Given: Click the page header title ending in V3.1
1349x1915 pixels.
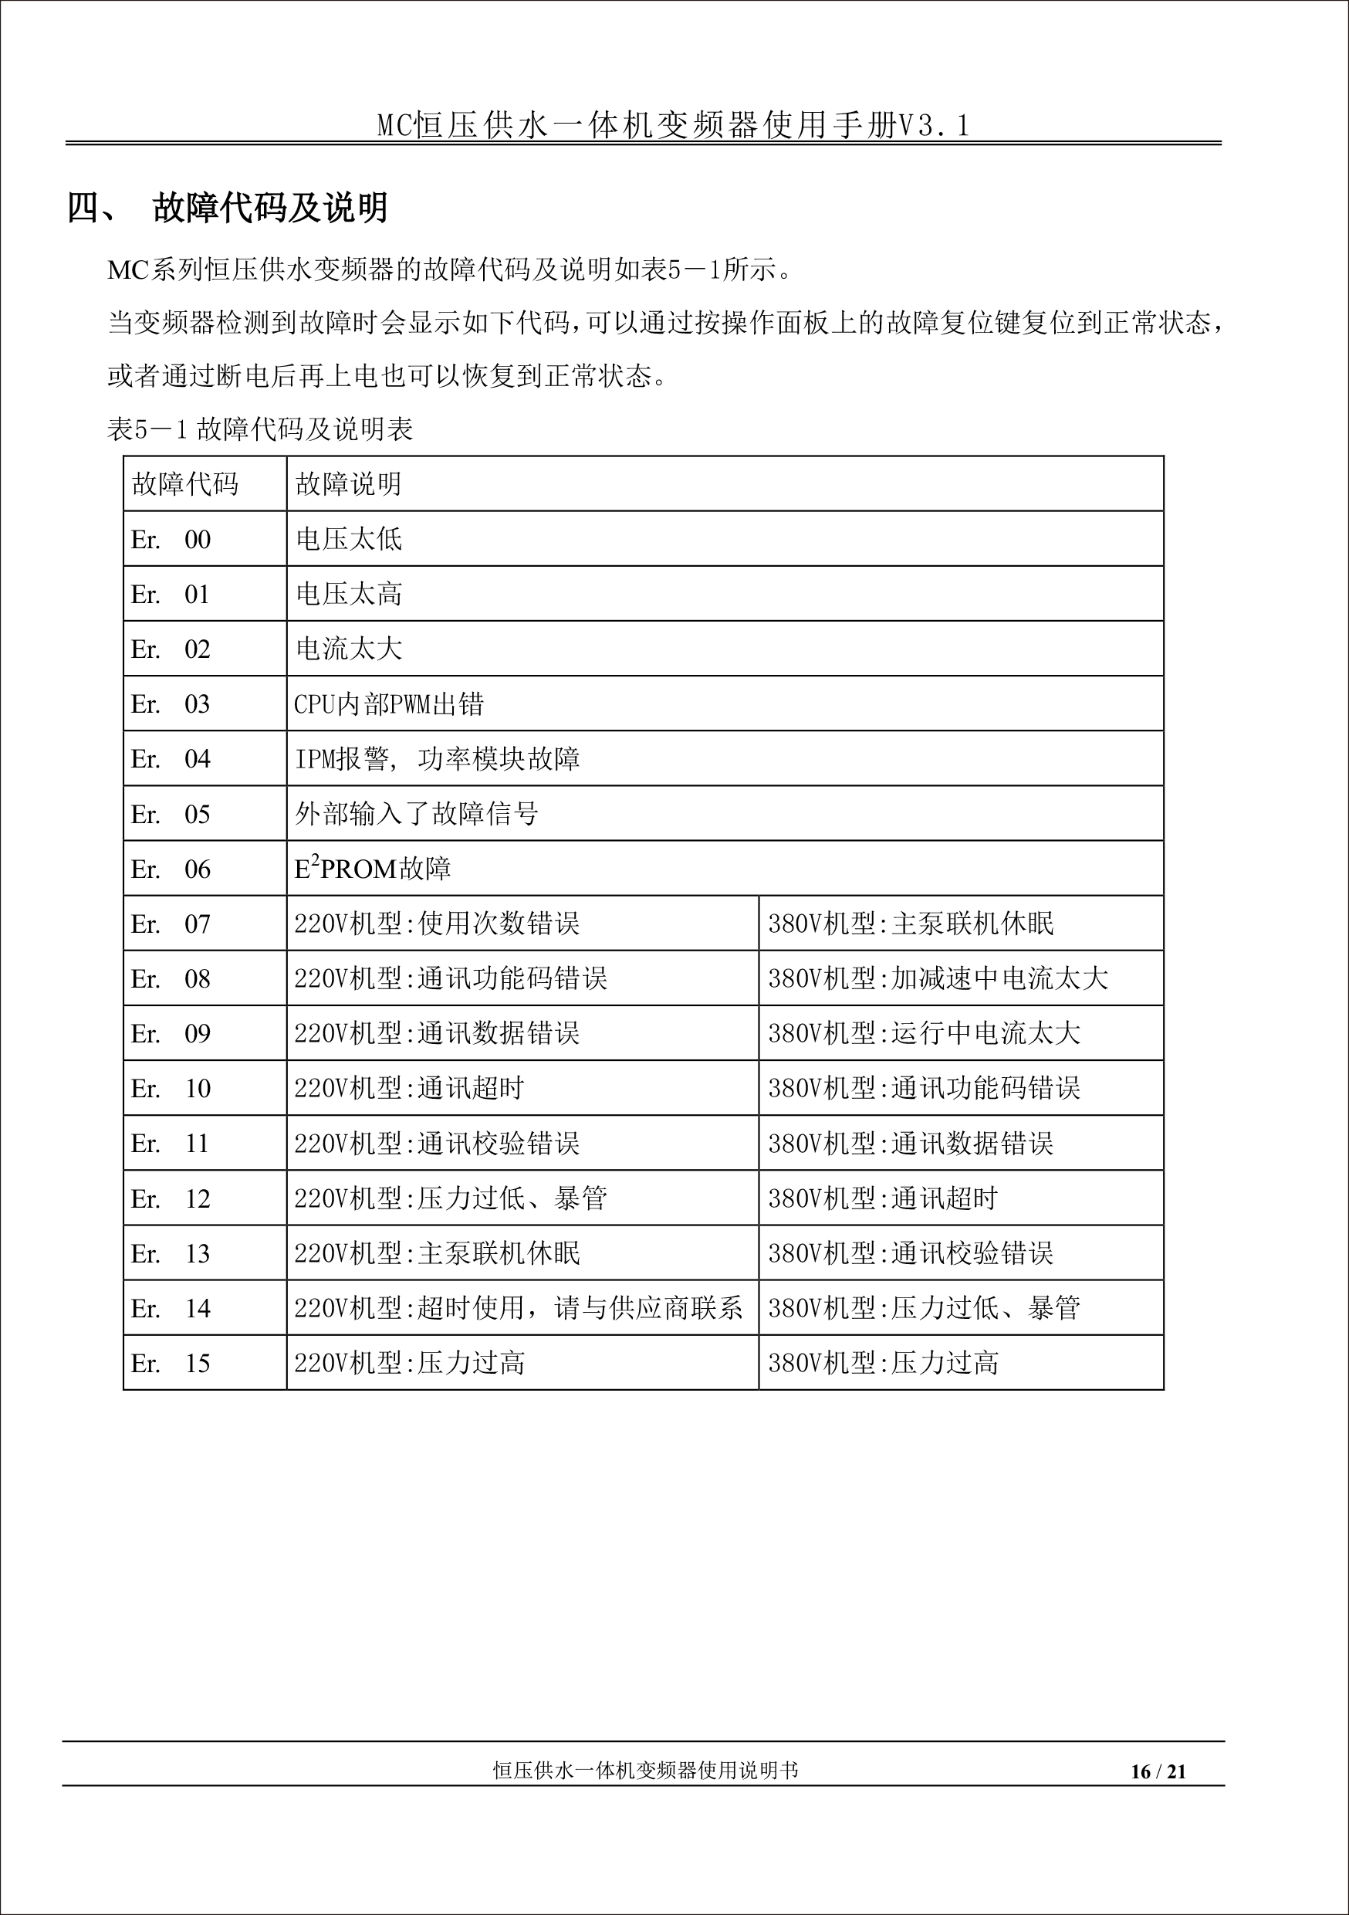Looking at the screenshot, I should pos(674,125).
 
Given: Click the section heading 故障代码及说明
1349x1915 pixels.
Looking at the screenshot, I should pos(270,208).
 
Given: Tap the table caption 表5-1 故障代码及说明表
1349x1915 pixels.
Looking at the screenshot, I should pos(260,429).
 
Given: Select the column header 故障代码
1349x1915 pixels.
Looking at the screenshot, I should pos(185,483).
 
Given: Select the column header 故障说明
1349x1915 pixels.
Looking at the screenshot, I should pos(349,483).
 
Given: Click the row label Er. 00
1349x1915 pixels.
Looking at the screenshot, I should pos(171,540).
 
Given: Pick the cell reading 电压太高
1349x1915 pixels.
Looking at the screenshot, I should pos(349,594).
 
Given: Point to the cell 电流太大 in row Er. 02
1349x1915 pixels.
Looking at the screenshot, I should pos(349,649).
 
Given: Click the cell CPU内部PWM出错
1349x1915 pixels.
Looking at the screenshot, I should pos(388,704).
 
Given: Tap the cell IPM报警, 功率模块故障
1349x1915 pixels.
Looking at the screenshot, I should pos(437,759).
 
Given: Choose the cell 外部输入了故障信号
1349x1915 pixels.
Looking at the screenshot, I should pos(416,814).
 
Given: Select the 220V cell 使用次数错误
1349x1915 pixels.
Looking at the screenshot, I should pos(437,924).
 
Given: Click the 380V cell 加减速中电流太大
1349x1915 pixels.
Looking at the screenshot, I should pos(938,978).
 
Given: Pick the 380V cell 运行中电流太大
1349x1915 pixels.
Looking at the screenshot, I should pos(924,1033).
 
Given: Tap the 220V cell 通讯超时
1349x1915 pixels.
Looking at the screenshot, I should pos(408,1089).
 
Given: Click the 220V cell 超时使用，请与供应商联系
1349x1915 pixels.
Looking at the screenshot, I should pos(518,1308).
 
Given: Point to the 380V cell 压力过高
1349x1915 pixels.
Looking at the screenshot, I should pos(883,1363).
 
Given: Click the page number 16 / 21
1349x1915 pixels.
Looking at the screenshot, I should pos(1158,1771).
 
